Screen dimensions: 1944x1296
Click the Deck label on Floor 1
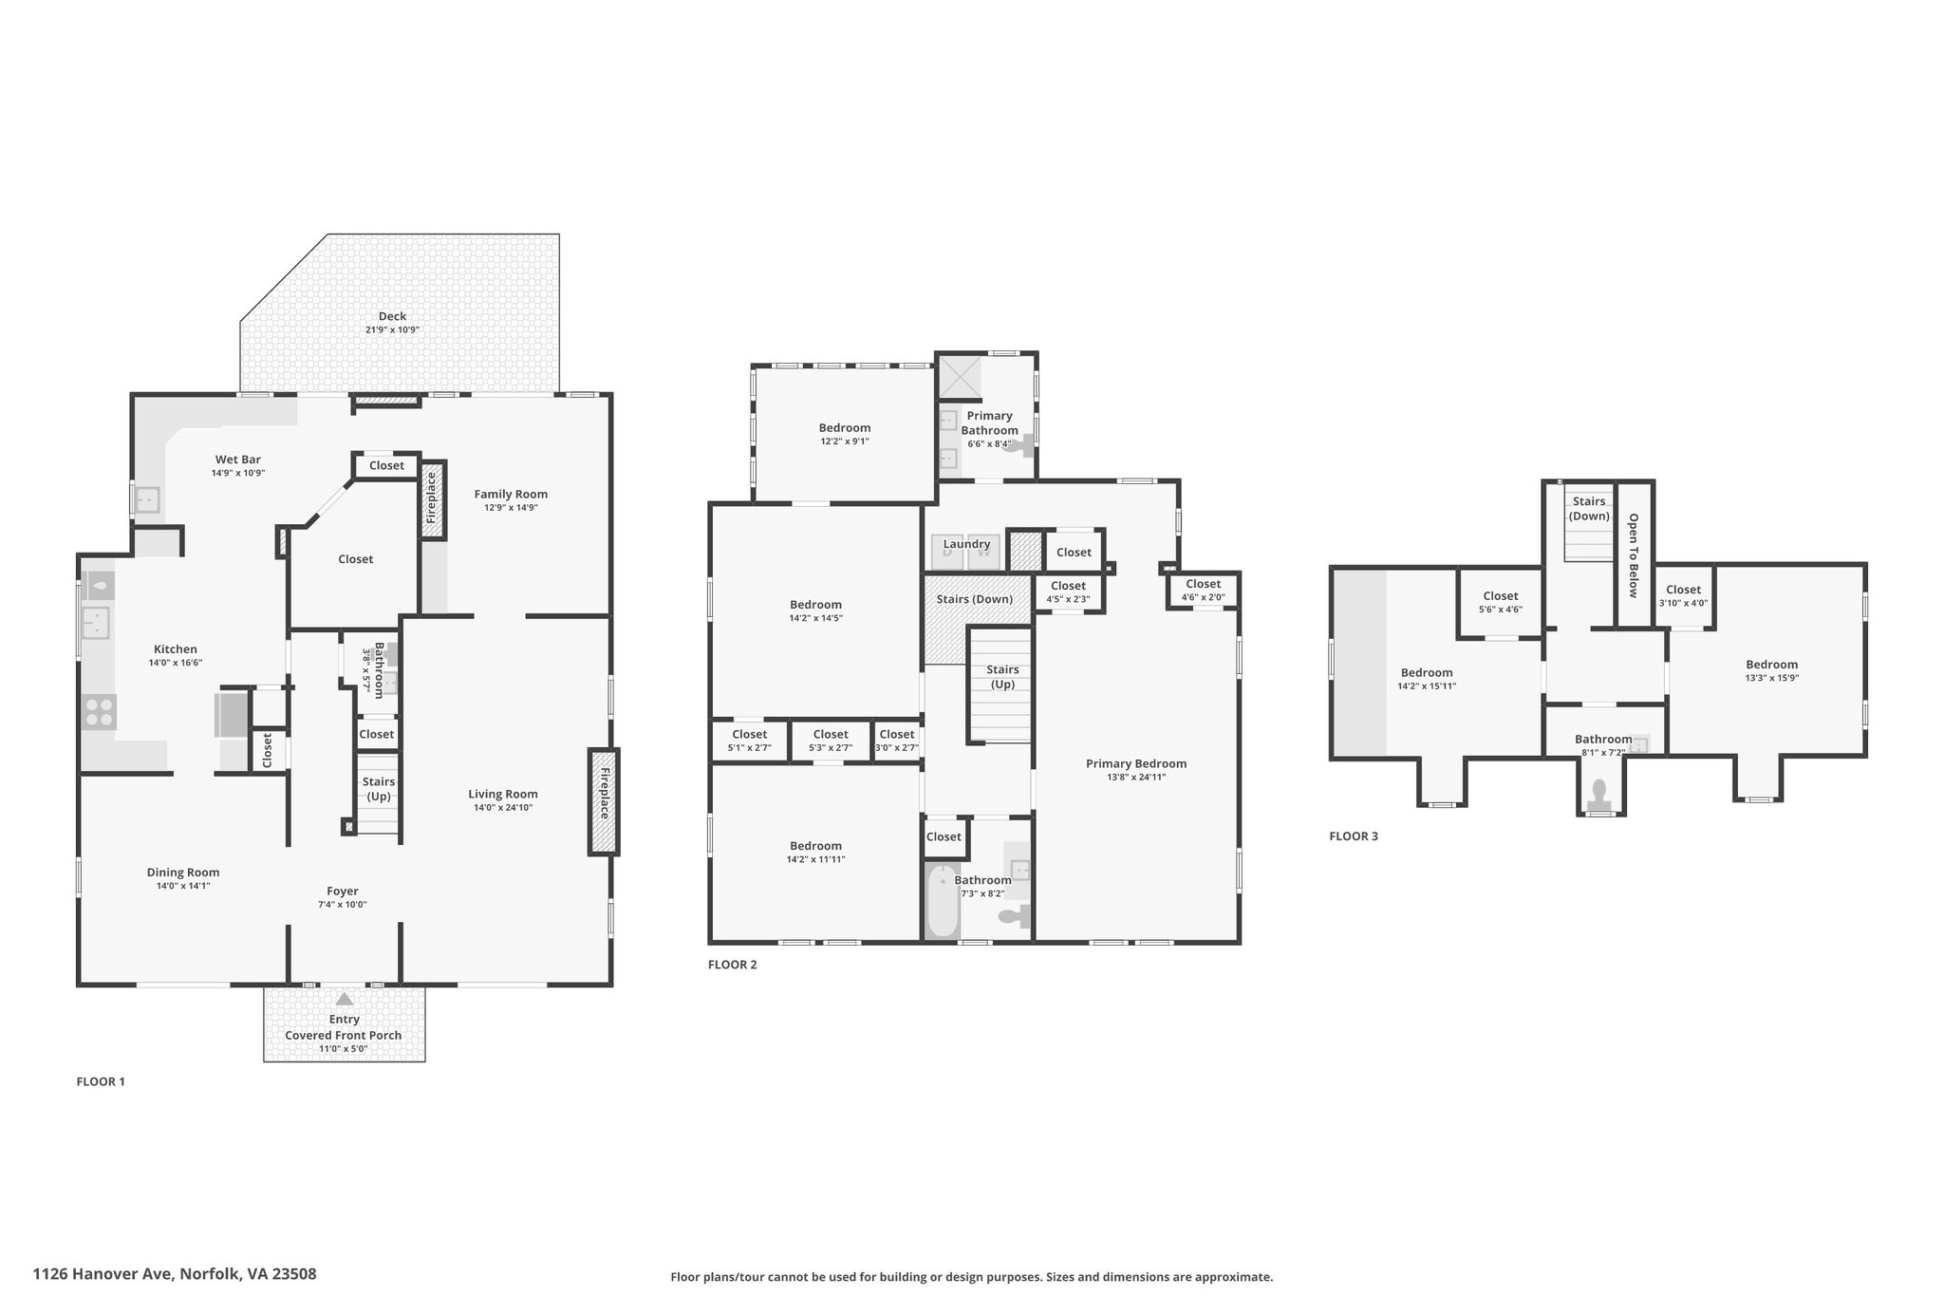pos(392,316)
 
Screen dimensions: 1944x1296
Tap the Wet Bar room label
pos(237,460)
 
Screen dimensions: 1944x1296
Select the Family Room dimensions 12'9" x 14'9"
pos(511,508)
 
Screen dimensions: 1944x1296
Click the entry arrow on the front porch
pos(345,999)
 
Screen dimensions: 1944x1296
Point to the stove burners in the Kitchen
pos(98,711)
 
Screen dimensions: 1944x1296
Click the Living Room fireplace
pos(604,802)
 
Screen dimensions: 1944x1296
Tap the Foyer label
pos(343,892)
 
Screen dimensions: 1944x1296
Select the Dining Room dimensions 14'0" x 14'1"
pos(183,886)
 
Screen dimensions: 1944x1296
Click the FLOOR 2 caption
pos(733,965)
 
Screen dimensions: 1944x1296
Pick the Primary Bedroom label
pos(1136,763)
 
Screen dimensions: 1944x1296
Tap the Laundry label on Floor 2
pos(967,544)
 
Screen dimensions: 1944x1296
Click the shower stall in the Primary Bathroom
pos(959,377)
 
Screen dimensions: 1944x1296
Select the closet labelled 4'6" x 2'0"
pos(1203,591)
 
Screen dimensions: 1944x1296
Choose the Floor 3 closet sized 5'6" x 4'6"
pos(1500,603)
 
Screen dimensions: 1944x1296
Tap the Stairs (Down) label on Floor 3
pos(1589,509)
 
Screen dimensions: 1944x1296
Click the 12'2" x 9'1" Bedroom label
pos(845,434)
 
